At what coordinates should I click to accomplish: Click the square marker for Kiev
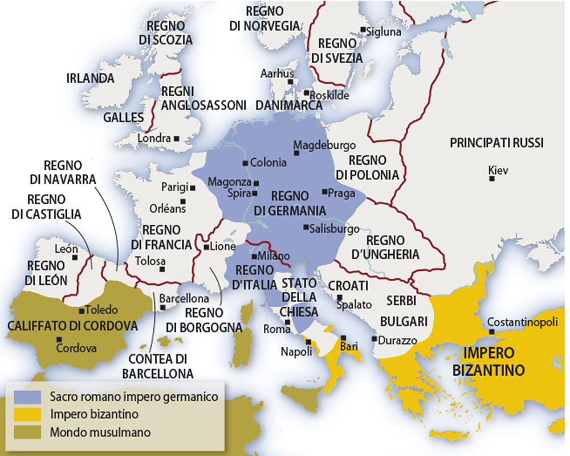[x=491, y=179]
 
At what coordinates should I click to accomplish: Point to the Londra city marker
[x=177, y=138]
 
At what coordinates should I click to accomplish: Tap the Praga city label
[x=341, y=193]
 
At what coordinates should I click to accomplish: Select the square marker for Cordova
[x=59, y=339]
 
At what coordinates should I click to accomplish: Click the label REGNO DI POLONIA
[x=373, y=167]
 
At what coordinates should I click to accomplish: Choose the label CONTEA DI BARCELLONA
[x=158, y=367]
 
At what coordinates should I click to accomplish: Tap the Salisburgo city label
[x=337, y=229]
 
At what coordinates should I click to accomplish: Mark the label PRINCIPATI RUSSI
[x=496, y=143]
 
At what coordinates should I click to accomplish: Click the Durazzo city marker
[x=374, y=339]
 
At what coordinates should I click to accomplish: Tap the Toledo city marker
[x=82, y=311]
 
